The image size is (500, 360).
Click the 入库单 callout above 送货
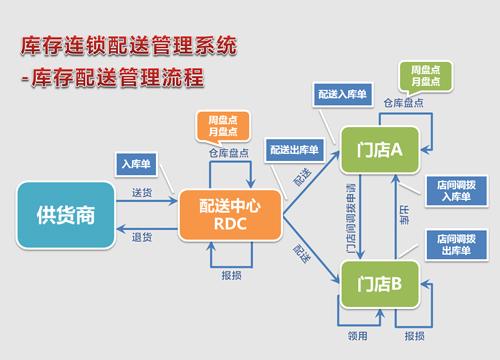tap(135, 163)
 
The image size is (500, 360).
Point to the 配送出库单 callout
tap(296, 149)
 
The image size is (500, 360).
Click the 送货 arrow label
tap(142, 191)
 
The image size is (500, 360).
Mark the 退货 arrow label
tap(142, 237)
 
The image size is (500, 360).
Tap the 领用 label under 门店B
tap(354, 337)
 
